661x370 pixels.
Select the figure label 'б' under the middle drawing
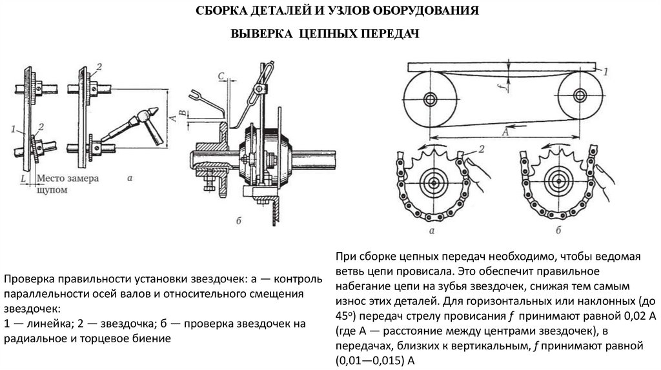click(x=238, y=221)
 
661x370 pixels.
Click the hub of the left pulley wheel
click(x=430, y=99)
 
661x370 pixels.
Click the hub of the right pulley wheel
click(x=577, y=99)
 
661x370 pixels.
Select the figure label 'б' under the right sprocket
click(x=556, y=229)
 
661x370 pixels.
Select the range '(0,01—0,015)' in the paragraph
click(x=365, y=360)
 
